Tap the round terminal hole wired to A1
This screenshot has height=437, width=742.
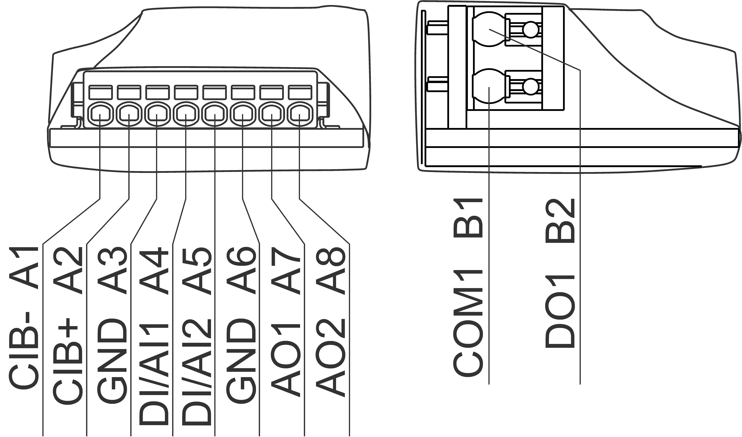[x=100, y=113]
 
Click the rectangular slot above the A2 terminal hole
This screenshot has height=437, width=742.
[x=129, y=92]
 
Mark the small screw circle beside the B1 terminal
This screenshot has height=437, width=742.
[x=531, y=87]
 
